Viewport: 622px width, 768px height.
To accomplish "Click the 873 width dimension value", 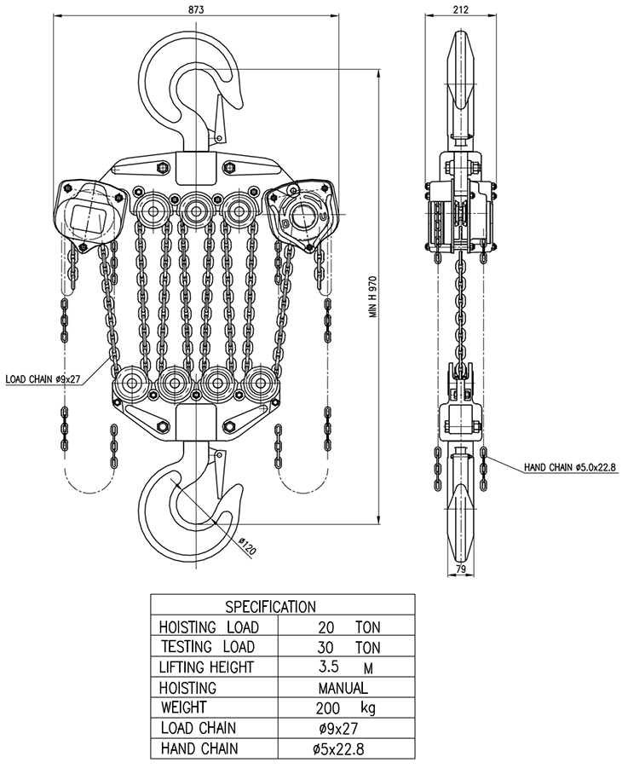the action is pyautogui.click(x=196, y=9).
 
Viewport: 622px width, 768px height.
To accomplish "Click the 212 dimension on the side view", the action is pyautogui.click(x=461, y=9).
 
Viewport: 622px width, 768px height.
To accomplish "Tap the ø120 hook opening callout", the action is pyautogui.click(x=247, y=546).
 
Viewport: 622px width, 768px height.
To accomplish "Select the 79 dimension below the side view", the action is pyautogui.click(x=461, y=569).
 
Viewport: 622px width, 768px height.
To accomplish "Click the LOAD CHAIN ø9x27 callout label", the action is pyautogui.click(x=43, y=378).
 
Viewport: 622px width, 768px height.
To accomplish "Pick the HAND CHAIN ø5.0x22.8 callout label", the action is pyautogui.click(x=569, y=467).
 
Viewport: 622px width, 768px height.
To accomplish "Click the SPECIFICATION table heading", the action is pyautogui.click(x=270, y=607).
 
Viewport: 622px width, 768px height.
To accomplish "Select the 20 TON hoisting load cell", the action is pyautogui.click(x=348, y=627).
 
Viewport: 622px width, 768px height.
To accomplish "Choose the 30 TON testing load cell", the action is pyautogui.click(x=348, y=648).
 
